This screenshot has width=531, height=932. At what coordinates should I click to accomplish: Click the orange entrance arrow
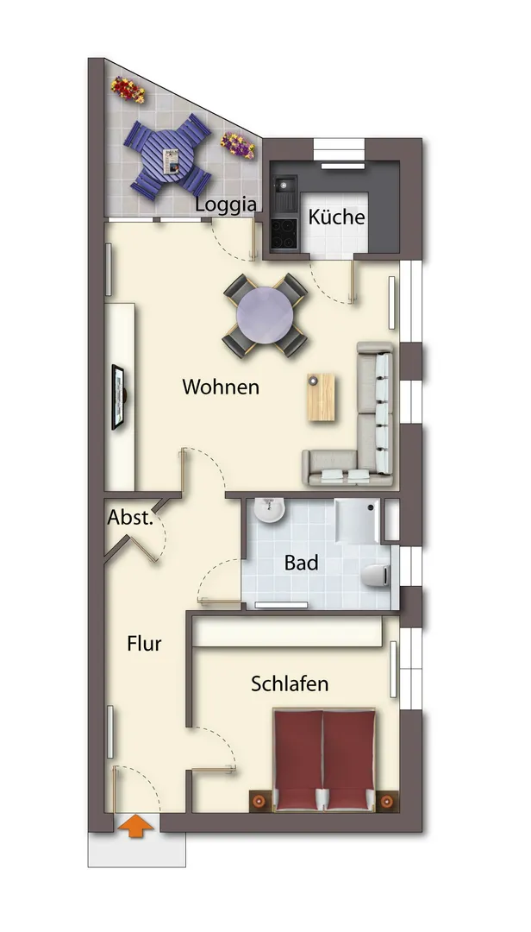[136, 826]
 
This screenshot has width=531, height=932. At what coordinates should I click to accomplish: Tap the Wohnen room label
[221, 387]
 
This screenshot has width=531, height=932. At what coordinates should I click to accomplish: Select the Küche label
[336, 217]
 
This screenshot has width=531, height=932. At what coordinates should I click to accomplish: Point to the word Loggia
[227, 205]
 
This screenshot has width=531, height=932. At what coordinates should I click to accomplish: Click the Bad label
[301, 563]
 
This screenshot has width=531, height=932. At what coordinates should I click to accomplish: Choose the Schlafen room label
[290, 683]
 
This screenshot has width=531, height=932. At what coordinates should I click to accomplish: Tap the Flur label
[144, 643]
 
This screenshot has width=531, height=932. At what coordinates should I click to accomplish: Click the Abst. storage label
[130, 518]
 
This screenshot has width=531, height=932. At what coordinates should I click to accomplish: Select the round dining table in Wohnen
[265, 315]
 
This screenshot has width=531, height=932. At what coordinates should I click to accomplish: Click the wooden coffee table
[322, 397]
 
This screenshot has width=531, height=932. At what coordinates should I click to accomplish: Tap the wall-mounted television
[119, 397]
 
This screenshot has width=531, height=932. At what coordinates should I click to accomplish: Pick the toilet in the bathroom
[376, 576]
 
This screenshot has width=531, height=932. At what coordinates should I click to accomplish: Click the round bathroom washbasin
[271, 511]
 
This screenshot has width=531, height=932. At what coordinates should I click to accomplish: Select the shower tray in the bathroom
[357, 520]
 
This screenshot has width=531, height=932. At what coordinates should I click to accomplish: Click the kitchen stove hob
[284, 233]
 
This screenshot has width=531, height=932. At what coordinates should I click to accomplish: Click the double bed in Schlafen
[324, 759]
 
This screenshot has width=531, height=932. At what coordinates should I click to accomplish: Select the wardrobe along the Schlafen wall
[287, 632]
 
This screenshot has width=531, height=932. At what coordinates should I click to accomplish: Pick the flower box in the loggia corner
[128, 89]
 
